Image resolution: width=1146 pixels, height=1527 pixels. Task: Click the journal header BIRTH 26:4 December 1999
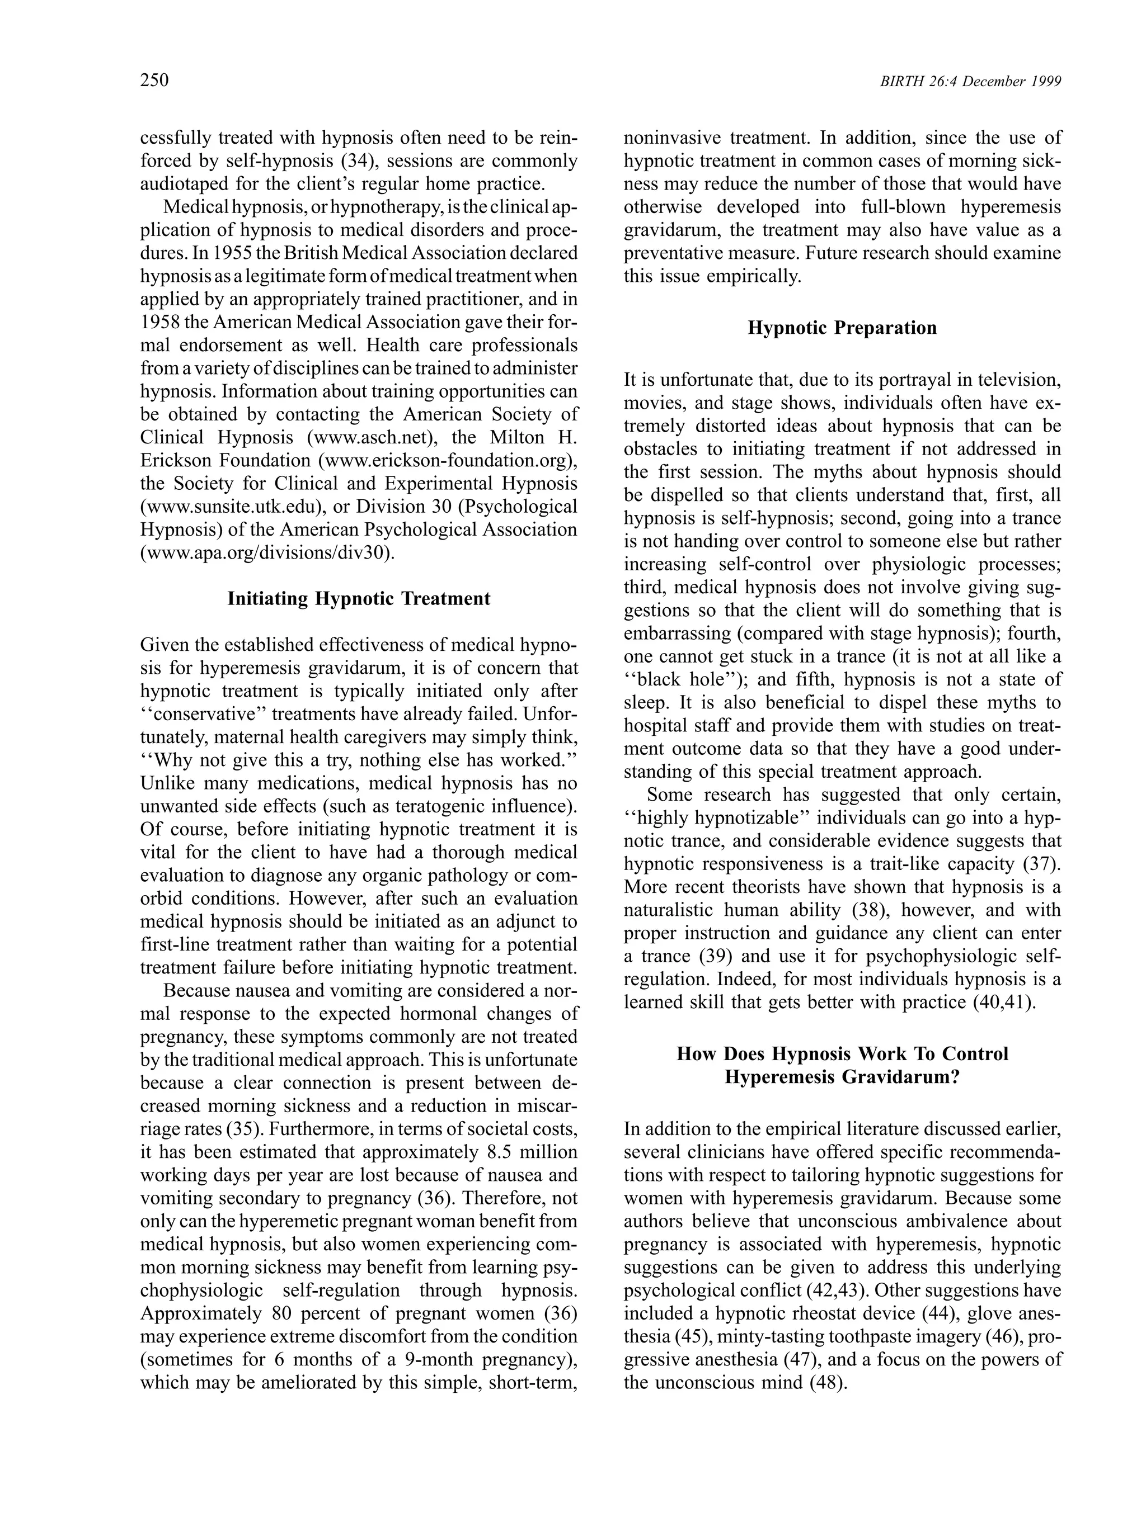pos(970,82)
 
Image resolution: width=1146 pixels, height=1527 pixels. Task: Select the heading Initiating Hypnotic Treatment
pos(359,598)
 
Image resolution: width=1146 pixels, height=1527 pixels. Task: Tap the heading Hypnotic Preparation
pos(842,327)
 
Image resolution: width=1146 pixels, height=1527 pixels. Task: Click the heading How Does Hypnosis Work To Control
pos(842,1053)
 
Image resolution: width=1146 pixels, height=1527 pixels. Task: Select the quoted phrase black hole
pos(680,679)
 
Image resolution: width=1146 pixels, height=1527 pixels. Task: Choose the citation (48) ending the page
pos(826,1382)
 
